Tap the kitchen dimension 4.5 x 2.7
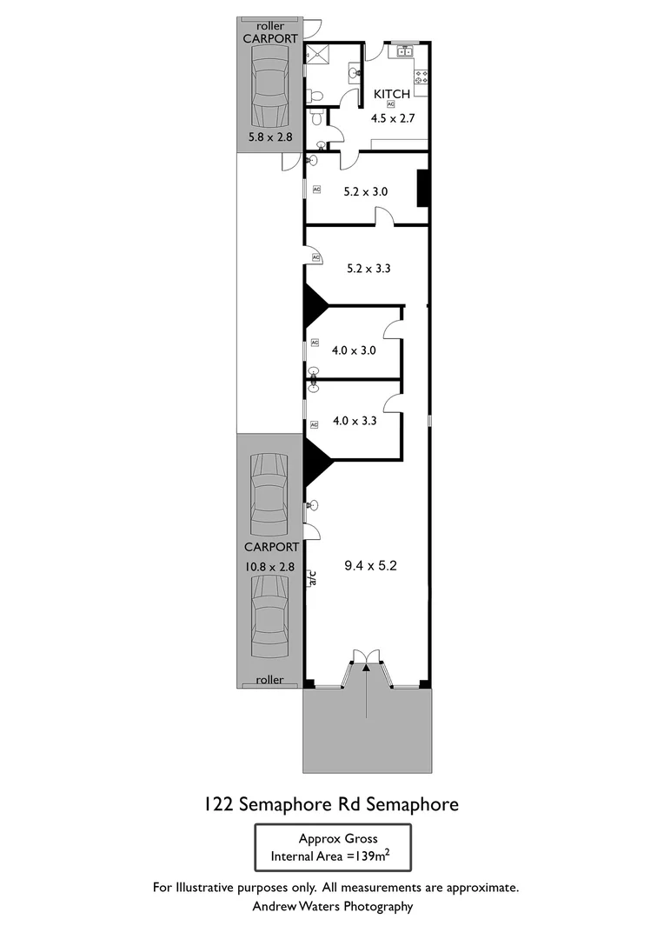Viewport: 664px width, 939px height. [390, 119]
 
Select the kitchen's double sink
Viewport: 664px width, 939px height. [403, 52]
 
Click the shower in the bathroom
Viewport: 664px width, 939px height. [317, 54]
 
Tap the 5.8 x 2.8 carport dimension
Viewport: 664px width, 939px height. [269, 137]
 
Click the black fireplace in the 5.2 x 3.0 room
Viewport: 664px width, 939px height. [423, 189]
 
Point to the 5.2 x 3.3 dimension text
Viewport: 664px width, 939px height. [369, 269]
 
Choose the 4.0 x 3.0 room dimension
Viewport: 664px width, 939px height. [354, 351]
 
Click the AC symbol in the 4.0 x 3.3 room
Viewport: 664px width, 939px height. [315, 425]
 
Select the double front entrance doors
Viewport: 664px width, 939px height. [367, 660]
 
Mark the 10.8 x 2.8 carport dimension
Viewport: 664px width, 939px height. [269, 566]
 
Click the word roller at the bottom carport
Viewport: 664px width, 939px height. [269, 680]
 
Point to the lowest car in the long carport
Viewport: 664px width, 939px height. [269, 618]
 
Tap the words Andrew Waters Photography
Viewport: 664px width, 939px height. [332, 906]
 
